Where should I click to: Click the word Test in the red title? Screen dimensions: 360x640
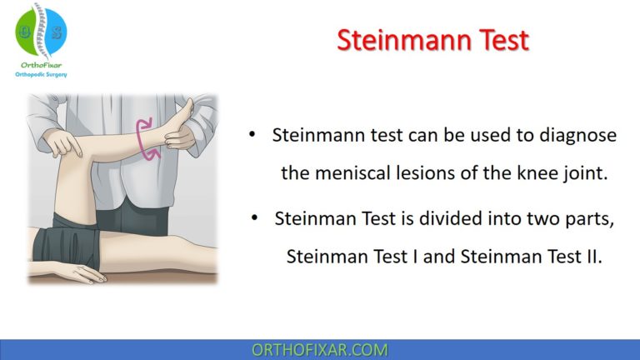click(498, 40)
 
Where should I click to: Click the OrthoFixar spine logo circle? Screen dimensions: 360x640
click(41, 31)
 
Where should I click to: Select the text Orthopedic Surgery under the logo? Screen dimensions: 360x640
click(41, 75)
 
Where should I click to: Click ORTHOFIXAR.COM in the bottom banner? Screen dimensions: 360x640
click(319, 350)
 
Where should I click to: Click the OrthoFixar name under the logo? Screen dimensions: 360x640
click(41, 65)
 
